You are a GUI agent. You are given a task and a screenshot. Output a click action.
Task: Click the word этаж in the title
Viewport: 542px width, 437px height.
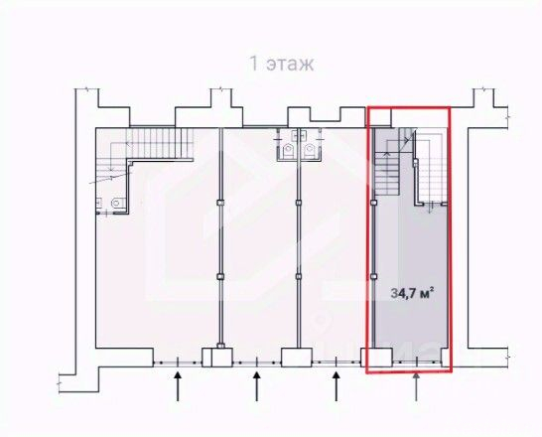tap(290, 65)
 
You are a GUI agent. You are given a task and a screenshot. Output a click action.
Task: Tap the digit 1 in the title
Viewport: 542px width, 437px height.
tap(254, 64)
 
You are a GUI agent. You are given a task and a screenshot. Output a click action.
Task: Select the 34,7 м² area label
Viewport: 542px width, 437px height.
tap(412, 294)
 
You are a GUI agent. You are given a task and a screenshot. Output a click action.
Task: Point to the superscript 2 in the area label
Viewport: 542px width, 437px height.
tap(432, 290)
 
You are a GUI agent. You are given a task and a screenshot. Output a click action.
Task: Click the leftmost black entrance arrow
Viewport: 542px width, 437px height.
tap(178, 386)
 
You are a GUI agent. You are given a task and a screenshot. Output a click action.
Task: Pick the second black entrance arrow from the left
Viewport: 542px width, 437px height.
tap(256, 386)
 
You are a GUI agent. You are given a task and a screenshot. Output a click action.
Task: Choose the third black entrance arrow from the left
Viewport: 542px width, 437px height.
tap(336, 386)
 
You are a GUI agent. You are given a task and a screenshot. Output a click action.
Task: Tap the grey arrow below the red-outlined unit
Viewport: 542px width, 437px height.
tap(416, 386)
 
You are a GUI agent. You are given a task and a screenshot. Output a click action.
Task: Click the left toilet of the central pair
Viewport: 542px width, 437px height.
tap(288, 151)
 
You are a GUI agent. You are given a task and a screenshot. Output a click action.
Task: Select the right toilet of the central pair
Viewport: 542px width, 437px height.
tap(310, 151)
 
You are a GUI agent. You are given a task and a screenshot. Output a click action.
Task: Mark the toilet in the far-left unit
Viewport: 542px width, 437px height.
tap(116, 203)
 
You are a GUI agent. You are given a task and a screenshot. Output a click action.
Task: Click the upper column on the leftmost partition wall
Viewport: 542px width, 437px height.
tap(220, 203)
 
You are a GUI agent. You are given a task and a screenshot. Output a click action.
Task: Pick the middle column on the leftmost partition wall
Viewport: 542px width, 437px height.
tap(220, 276)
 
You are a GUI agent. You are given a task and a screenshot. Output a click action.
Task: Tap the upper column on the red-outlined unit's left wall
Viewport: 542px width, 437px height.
tap(373, 203)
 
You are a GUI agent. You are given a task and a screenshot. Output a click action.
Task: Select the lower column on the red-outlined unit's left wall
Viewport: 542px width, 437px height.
tap(373, 276)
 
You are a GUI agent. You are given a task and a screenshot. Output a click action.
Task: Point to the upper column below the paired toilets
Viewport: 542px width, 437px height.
tap(299, 203)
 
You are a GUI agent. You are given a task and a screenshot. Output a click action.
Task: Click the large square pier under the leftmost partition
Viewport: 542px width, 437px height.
tap(221, 358)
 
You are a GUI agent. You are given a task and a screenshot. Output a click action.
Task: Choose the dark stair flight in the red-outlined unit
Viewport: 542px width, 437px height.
tap(387, 174)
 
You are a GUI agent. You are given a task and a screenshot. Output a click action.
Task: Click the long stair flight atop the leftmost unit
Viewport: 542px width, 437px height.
tap(160, 143)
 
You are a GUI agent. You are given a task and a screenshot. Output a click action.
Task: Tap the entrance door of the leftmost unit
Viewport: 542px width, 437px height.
tap(178, 363)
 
